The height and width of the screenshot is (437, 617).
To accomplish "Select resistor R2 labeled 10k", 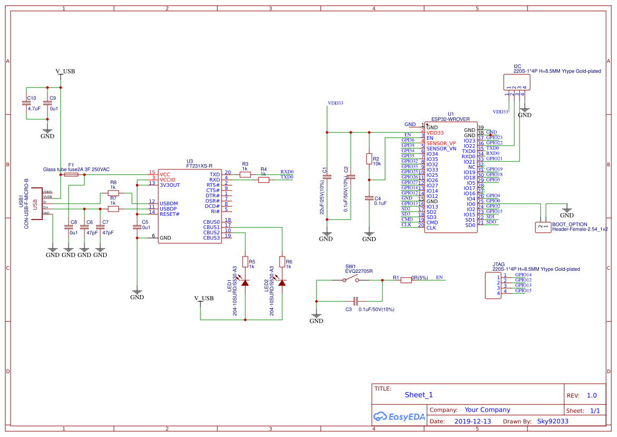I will pyautogui.click(x=369, y=159).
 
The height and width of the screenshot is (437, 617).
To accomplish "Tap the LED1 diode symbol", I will pyautogui.click(x=245, y=283).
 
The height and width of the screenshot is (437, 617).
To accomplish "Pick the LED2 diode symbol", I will pyautogui.click(x=282, y=283).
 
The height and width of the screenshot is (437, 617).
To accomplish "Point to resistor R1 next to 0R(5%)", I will pyautogui.click(x=406, y=280).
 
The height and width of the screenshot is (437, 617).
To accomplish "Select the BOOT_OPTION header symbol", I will pyautogui.click(x=542, y=227).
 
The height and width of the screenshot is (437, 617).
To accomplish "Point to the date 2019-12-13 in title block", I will pyautogui.click(x=473, y=422).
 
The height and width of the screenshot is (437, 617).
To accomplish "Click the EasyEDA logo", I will pyautogui.click(x=399, y=416).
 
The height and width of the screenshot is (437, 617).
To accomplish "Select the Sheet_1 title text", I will pyautogui.click(x=419, y=395).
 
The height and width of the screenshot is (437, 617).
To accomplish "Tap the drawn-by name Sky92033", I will pyautogui.click(x=553, y=422).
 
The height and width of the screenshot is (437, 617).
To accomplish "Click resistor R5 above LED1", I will pyautogui.click(x=245, y=261).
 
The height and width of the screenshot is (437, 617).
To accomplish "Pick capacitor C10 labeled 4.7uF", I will pyautogui.click(x=26, y=103).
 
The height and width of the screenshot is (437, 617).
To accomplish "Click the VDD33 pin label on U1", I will pyautogui.click(x=435, y=133).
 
